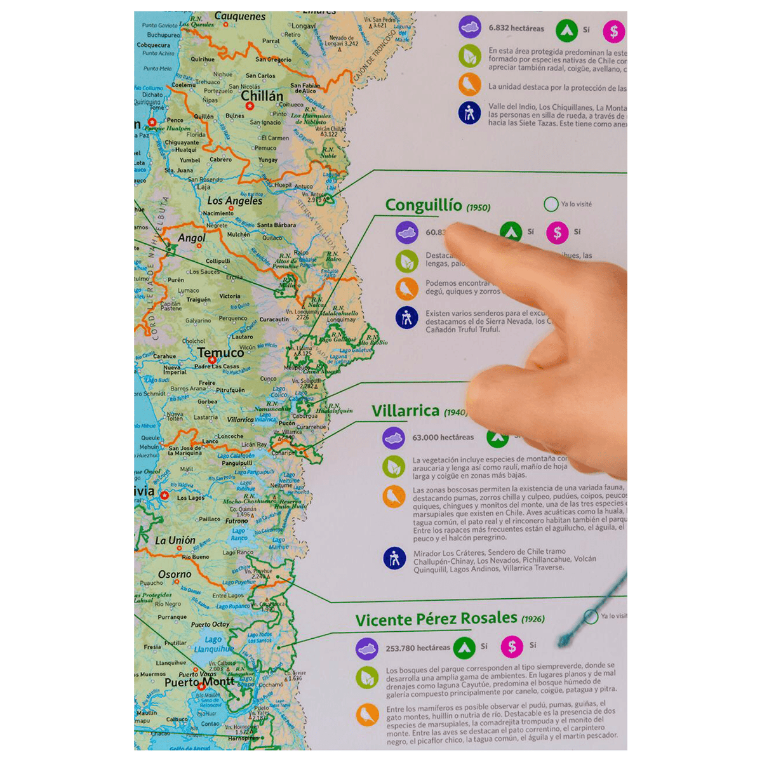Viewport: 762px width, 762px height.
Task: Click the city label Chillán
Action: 262,97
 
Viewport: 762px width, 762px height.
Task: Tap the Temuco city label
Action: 220,352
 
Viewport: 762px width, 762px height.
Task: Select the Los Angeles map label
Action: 234,201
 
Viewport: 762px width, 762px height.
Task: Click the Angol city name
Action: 191,238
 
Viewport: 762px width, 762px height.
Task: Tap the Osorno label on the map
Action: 175,574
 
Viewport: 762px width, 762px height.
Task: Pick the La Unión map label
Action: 175,540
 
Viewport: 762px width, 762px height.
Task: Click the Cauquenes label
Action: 240,17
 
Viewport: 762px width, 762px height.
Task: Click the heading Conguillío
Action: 424,205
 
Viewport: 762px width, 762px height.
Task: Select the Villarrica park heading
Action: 405,411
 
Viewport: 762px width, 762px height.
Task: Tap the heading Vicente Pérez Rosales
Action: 436,618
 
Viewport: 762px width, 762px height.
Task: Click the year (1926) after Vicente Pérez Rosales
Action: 532,619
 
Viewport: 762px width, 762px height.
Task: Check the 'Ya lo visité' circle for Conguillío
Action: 551,204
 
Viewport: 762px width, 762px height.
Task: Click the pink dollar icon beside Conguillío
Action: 557,233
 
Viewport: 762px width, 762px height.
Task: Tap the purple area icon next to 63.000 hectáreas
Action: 394,438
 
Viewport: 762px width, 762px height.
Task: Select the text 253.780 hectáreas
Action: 417,648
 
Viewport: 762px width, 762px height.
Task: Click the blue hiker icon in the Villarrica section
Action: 394,558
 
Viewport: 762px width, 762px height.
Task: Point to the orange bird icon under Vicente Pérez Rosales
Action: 367,715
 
